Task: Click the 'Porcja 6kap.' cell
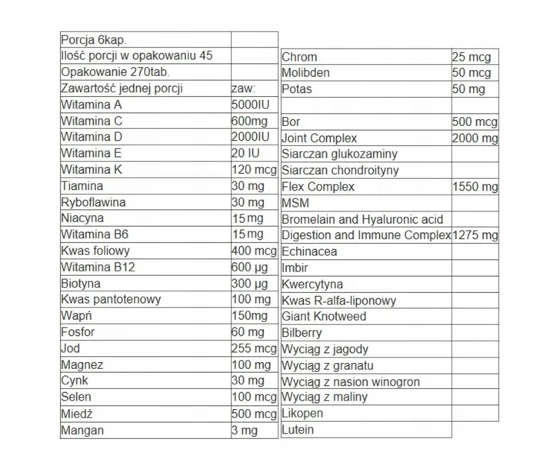pos(92,40)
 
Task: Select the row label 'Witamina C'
pos(92,121)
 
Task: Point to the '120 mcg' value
pos(253,170)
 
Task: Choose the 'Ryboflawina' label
pos(95,202)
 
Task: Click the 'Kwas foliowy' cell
pos(96,251)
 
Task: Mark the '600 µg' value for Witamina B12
pos(250,267)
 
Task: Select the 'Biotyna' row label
pos(81,283)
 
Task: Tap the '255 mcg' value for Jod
pos(253,348)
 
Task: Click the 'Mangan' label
pos(82,430)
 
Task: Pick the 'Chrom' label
pos(299,57)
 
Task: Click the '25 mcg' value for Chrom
pos(472,57)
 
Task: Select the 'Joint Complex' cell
pos(320,138)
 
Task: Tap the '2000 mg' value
pos(475,138)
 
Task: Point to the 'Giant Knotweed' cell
pos(324,316)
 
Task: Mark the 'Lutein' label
pos(298,429)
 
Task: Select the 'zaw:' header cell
pos(243,89)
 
